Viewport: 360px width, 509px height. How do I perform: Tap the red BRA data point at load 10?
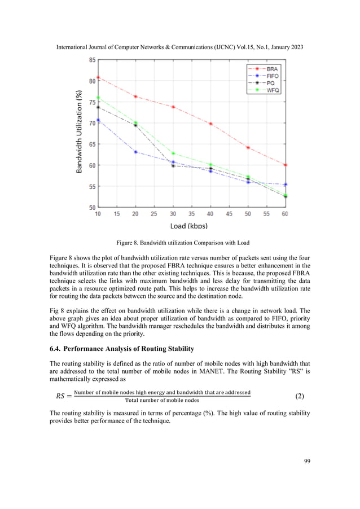(98, 77)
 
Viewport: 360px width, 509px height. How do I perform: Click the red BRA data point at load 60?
(286, 165)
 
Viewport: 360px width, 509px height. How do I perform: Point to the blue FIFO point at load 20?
(135, 152)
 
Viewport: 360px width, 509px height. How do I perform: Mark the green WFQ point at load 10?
(98, 98)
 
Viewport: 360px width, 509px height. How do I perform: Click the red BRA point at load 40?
(210, 124)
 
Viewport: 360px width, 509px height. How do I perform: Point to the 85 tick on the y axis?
(91, 60)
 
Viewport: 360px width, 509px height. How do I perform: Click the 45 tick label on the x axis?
(229, 214)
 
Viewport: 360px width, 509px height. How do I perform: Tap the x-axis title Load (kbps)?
(191, 226)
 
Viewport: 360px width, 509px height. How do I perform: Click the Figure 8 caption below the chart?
(182, 243)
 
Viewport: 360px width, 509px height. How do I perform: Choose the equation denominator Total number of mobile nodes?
(162, 401)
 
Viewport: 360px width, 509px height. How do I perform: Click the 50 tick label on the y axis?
(91, 208)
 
